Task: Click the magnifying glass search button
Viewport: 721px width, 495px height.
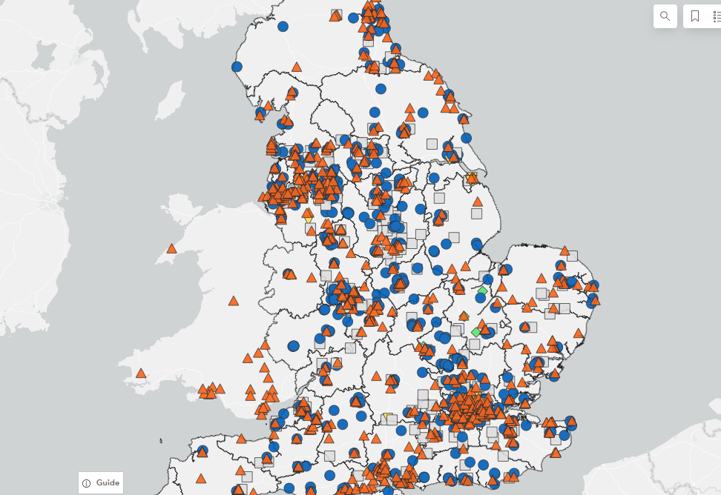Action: pyautogui.click(x=665, y=16)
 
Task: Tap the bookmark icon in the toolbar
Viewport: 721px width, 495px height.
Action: pyautogui.click(x=695, y=16)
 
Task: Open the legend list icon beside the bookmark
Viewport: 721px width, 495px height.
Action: pyautogui.click(x=717, y=16)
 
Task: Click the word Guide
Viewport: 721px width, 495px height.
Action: pyautogui.click(x=108, y=482)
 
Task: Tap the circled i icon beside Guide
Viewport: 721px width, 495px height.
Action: pyautogui.click(x=87, y=483)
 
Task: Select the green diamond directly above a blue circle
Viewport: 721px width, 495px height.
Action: pyautogui.click(x=483, y=290)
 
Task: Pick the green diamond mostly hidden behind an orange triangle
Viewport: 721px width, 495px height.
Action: pyautogui.click(x=464, y=316)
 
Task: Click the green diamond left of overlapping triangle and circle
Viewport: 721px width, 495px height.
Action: pyautogui.click(x=475, y=332)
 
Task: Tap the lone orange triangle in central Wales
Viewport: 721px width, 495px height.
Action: pyautogui.click(x=234, y=301)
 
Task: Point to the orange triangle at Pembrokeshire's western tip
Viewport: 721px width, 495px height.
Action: pyautogui.click(x=140, y=373)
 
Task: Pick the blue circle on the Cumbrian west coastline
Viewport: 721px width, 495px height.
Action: pyautogui.click(x=237, y=67)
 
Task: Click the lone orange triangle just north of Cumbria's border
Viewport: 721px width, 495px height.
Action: pyautogui.click(x=297, y=67)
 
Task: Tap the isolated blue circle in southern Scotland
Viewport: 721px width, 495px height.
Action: pyautogui.click(x=283, y=27)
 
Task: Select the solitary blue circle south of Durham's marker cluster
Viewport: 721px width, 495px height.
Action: pyautogui.click(x=381, y=89)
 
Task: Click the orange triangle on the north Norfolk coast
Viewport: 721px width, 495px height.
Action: pyautogui.click(x=564, y=251)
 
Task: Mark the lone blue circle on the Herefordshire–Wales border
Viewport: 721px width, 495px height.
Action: pyautogui.click(x=294, y=346)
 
